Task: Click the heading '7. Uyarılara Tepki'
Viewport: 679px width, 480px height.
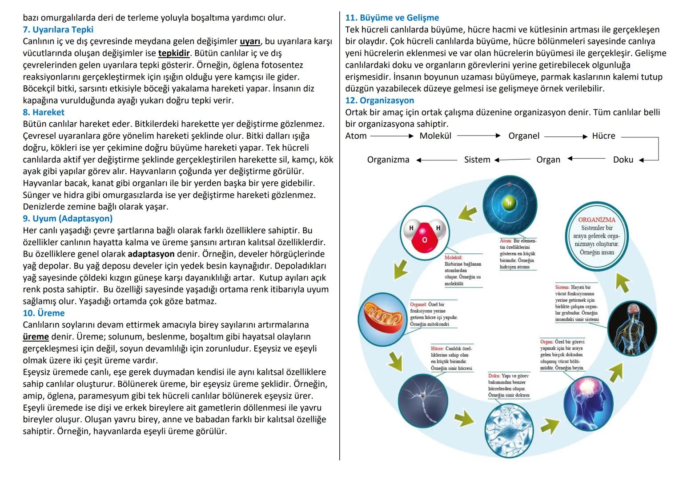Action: (58, 30)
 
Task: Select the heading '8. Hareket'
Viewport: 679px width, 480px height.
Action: (44, 112)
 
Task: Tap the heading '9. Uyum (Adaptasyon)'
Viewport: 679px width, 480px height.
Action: (68, 219)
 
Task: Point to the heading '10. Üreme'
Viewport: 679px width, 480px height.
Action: (44, 313)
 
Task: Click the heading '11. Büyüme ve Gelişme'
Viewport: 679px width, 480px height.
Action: (392, 18)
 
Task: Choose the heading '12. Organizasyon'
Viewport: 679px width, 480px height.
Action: (379, 100)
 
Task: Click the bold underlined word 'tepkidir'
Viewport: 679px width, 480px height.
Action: (174, 53)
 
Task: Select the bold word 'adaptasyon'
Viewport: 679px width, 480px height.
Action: (151, 254)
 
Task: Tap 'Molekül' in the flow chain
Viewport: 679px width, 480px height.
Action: (435, 136)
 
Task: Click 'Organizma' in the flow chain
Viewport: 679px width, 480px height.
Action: (388, 160)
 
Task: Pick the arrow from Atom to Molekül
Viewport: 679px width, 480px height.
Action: (392, 136)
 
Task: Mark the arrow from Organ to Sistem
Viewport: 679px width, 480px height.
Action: (512, 160)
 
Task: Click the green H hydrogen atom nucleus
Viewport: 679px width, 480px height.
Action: (509, 204)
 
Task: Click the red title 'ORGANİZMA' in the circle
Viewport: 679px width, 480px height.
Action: (597, 220)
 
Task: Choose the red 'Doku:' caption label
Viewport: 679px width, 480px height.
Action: (494, 376)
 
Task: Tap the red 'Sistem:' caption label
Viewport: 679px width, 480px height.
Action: (562, 288)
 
